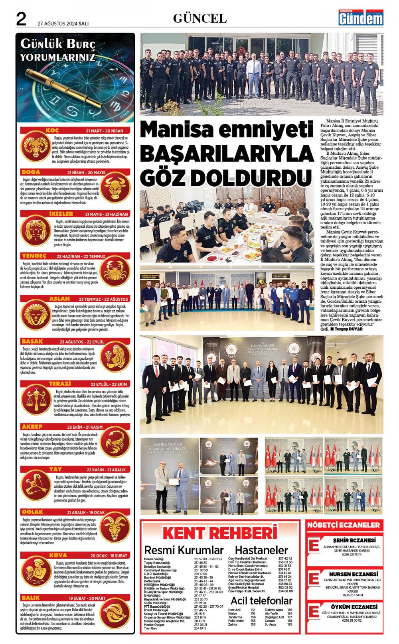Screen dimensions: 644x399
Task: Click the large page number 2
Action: point(21,19)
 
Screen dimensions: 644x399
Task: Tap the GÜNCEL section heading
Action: point(199,18)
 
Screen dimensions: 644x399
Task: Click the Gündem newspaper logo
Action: point(361,18)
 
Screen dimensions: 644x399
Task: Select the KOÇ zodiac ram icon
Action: point(36,146)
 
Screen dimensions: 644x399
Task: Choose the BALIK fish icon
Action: point(115,614)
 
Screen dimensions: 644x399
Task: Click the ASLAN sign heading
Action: point(59,299)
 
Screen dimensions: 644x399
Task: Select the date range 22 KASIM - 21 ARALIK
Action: point(106,470)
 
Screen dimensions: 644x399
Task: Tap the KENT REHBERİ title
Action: point(219,533)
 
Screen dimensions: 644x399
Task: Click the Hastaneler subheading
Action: point(261,550)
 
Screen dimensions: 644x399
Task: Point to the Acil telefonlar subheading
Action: point(261,601)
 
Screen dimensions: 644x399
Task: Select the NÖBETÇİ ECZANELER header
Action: point(344,525)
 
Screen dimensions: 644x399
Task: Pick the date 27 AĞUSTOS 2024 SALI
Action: point(63,24)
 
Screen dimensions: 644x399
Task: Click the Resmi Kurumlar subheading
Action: point(184,550)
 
